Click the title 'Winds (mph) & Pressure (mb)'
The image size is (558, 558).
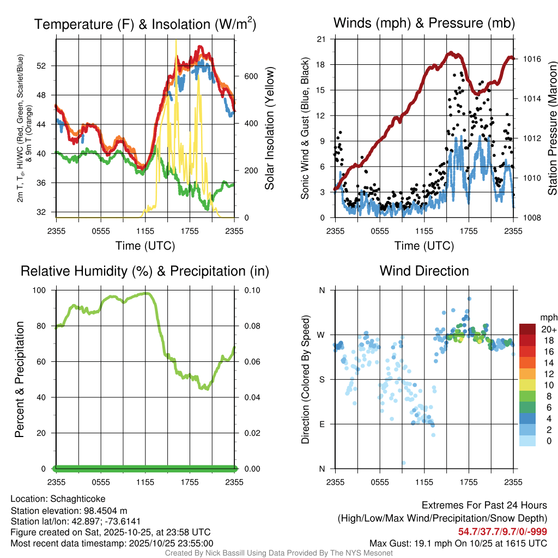[x=424, y=23]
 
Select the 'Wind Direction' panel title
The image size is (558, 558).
[x=424, y=271]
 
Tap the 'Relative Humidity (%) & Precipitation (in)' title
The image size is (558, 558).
[x=145, y=271]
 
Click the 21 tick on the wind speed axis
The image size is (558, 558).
[x=321, y=39]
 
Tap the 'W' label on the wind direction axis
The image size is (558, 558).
[x=322, y=335]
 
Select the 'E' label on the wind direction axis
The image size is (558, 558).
[x=322, y=424]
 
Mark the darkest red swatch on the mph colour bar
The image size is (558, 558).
[x=527, y=329]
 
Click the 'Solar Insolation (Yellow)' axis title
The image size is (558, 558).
[x=269, y=128]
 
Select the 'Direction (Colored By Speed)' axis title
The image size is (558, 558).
[x=305, y=379]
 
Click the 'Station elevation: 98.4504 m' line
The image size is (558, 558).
[x=69, y=511]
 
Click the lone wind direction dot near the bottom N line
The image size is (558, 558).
[x=404, y=463]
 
